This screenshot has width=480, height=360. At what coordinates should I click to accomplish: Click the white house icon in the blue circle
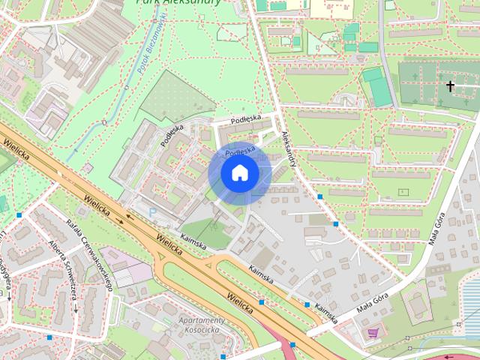pos(239,173)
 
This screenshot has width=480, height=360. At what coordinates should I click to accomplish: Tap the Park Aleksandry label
pos(178,2)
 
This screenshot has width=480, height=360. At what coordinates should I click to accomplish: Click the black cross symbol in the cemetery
pos(450,86)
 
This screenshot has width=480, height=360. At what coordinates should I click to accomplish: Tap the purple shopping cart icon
pos(373,332)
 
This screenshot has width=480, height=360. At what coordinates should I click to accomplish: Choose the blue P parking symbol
pos(152,213)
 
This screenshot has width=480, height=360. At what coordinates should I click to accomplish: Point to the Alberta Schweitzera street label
pos(63,271)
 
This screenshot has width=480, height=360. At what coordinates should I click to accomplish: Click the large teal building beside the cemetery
pos(379,88)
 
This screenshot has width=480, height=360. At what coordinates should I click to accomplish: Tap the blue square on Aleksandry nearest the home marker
pos(320,196)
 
